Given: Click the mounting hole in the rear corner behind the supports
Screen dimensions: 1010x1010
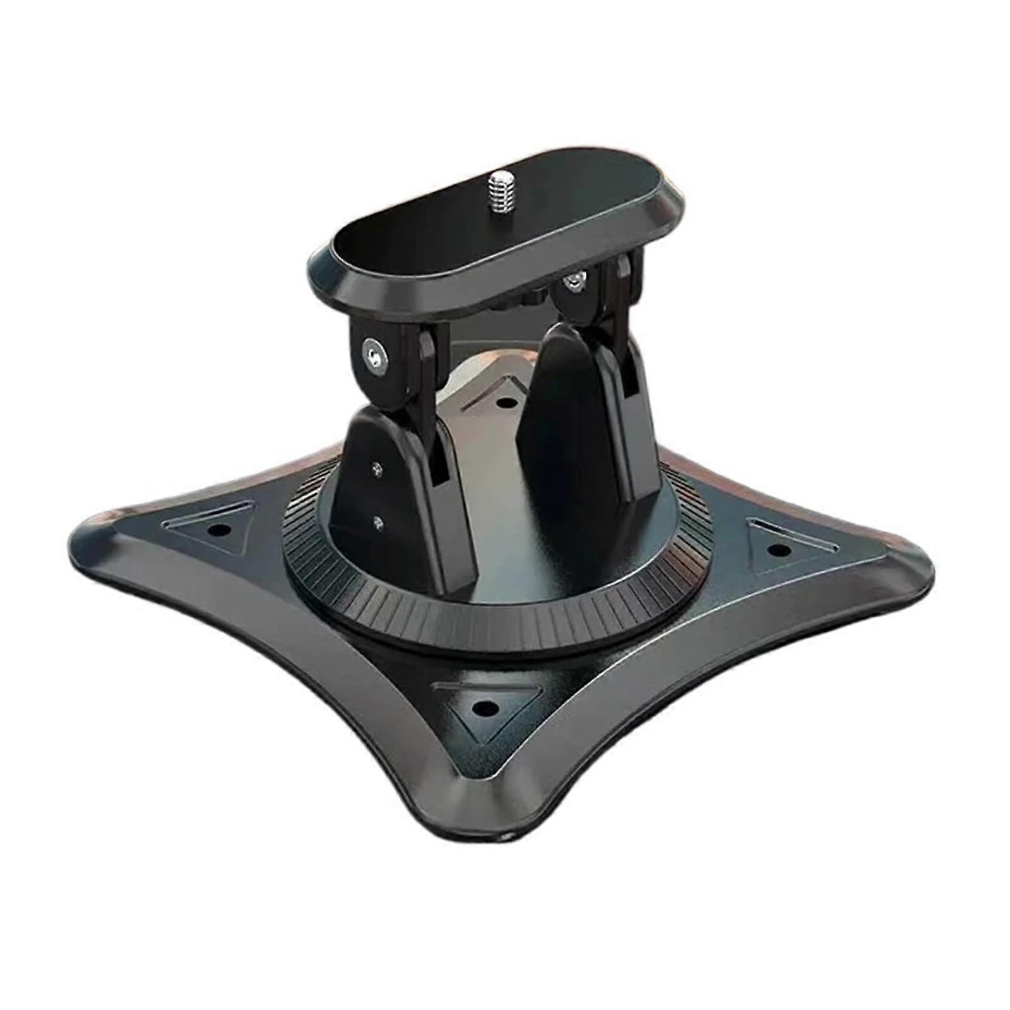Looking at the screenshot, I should [x=503, y=401].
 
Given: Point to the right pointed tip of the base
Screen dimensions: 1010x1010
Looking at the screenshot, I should [x=928, y=571].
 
